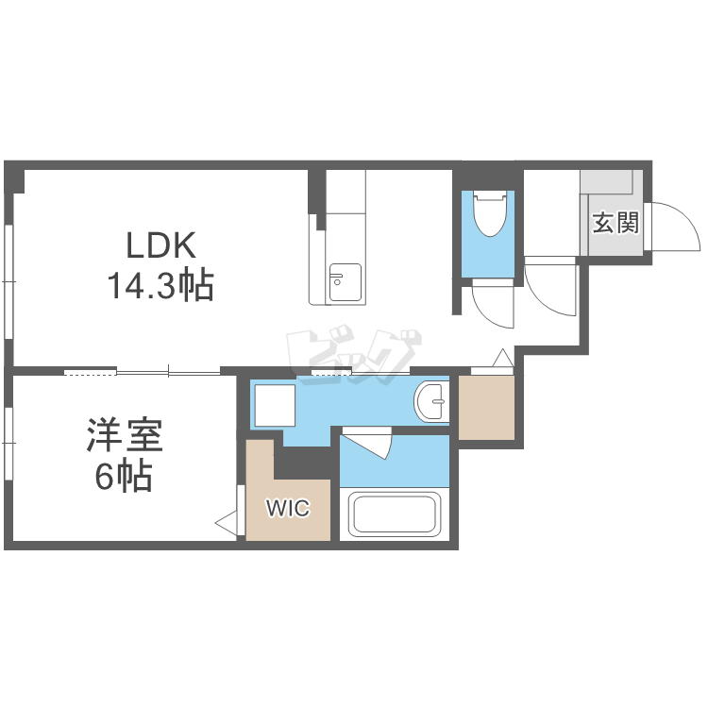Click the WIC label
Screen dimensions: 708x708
tap(287, 509)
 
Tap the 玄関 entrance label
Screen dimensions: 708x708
tap(615, 224)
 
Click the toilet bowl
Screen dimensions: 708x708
tap(489, 215)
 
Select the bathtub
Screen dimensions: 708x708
tap(394, 515)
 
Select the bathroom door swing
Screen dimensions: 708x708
tap(368, 443)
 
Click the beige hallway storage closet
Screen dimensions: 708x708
tap(486, 408)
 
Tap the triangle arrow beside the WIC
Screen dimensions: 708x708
tap(227, 522)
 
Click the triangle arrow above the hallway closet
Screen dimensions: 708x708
tap(501, 360)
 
